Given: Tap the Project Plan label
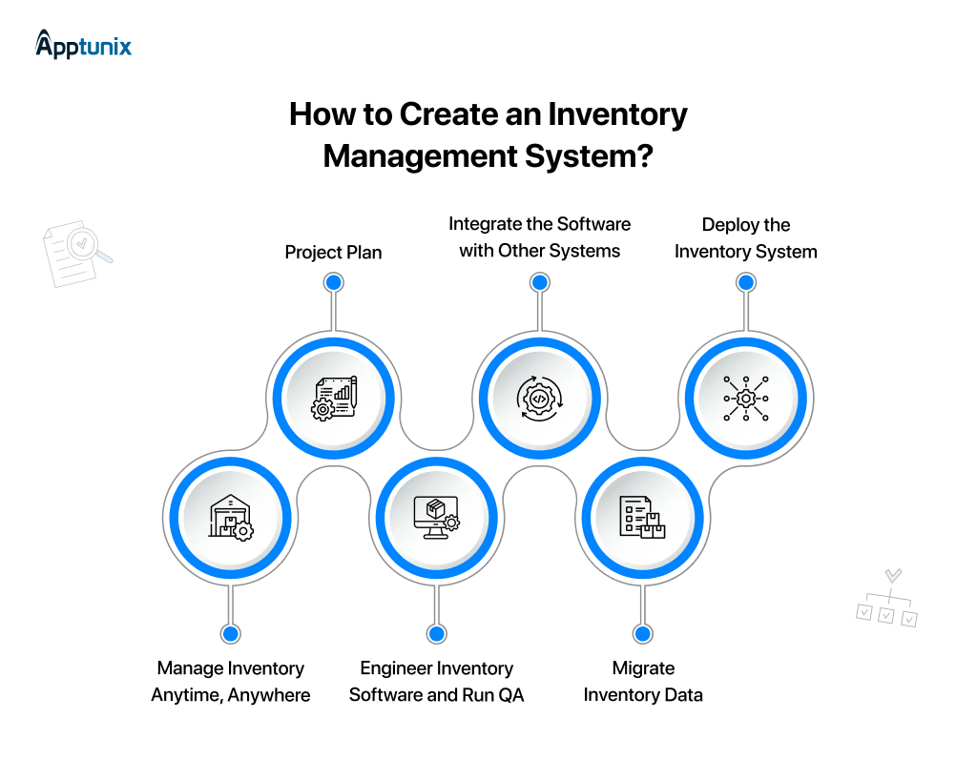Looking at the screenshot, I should point(333,253).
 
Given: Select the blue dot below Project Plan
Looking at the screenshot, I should point(333,282).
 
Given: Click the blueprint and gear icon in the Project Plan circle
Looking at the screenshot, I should point(333,398).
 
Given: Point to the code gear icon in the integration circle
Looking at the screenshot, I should point(539,398).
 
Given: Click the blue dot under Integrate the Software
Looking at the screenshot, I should point(539,282).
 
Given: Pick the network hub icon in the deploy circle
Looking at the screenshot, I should point(745,398).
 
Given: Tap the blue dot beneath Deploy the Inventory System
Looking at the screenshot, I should point(746,282).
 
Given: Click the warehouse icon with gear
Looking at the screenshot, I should point(230,518).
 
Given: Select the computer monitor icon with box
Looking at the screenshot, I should point(436,518).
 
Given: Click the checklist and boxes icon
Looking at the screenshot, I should point(642,518).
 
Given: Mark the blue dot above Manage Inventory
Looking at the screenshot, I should point(230,633).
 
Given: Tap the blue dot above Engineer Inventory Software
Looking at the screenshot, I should point(436,633).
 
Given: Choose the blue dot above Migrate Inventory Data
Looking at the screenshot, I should point(642,633).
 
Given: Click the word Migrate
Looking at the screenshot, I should point(643,668).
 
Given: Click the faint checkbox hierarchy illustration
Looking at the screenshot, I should point(887,600).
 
